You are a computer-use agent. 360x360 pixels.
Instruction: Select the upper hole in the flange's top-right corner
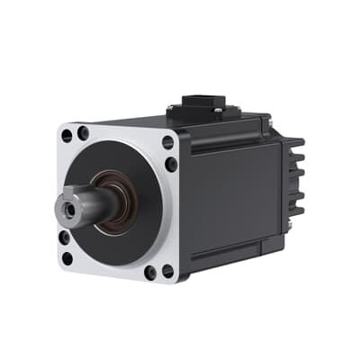(168, 142)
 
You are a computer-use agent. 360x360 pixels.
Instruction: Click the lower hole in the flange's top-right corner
(171, 165)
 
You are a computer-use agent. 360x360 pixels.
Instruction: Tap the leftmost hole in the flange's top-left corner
(66, 137)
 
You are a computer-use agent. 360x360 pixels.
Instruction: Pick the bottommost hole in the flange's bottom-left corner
(67, 258)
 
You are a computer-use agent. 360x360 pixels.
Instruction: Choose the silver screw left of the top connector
(170, 111)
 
